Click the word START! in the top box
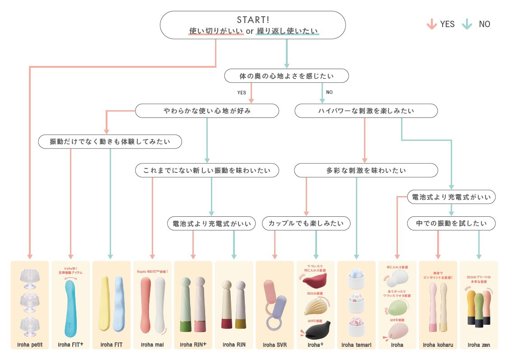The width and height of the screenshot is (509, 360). tap(253, 19)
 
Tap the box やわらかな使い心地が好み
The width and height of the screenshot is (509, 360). tap(207, 111)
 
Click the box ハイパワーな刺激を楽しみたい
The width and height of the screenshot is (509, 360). tap(366, 111)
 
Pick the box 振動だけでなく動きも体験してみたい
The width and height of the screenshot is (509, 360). tap(110, 141)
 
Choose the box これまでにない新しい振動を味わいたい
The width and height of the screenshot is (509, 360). tap(207, 170)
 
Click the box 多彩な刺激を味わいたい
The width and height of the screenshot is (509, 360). tap(366, 170)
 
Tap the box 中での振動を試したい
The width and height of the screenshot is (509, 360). tap(451, 223)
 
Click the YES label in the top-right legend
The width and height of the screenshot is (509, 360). tap(447, 24)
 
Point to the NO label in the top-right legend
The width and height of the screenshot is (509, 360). tap(484, 24)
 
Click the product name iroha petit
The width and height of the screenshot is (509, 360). tap(30, 345)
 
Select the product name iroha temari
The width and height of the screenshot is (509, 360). tap(356, 345)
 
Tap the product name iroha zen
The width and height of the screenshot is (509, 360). tap(479, 345)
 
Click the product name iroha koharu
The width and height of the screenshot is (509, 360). tap(438, 345)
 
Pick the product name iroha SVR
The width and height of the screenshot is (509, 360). tap(275, 345)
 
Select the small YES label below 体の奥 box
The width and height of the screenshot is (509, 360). tap(242, 93)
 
